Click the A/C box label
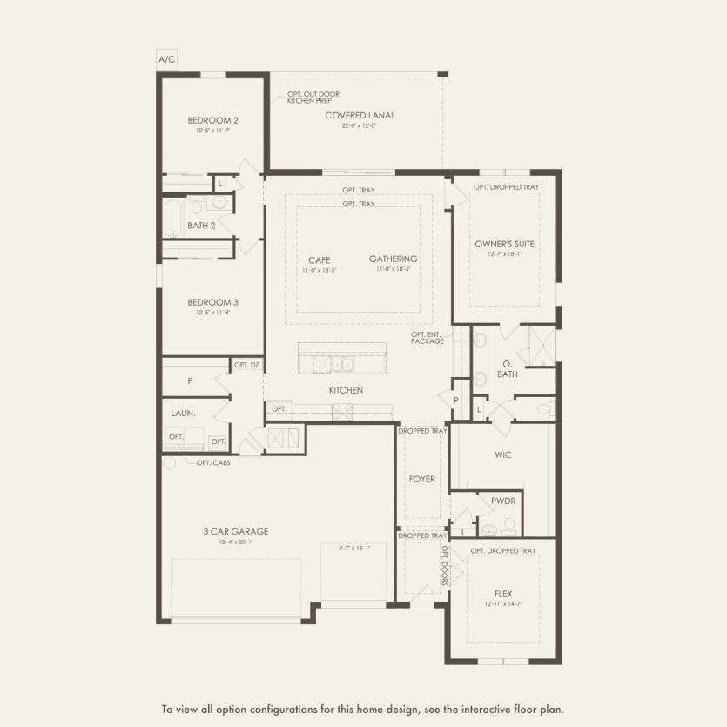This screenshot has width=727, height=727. click(x=166, y=59)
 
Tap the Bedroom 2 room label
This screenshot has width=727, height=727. click(x=212, y=120)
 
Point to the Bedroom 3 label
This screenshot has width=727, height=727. click(x=212, y=302)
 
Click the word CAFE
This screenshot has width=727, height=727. click(x=319, y=259)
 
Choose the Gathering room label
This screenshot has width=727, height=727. click(x=393, y=259)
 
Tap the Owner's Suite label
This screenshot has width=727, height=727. click(x=504, y=244)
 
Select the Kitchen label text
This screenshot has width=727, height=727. click(x=346, y=390)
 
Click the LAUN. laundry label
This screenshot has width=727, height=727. click(x=184, y=414)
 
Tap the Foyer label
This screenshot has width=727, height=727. click(x=421, y=479)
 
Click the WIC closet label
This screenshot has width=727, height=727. click(x=502, y=454)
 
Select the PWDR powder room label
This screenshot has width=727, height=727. click(x=503, y=501)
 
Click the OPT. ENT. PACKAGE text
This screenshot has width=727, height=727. click(x=427, y=337)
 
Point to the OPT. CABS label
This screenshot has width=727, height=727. click(x=212, y=462)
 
